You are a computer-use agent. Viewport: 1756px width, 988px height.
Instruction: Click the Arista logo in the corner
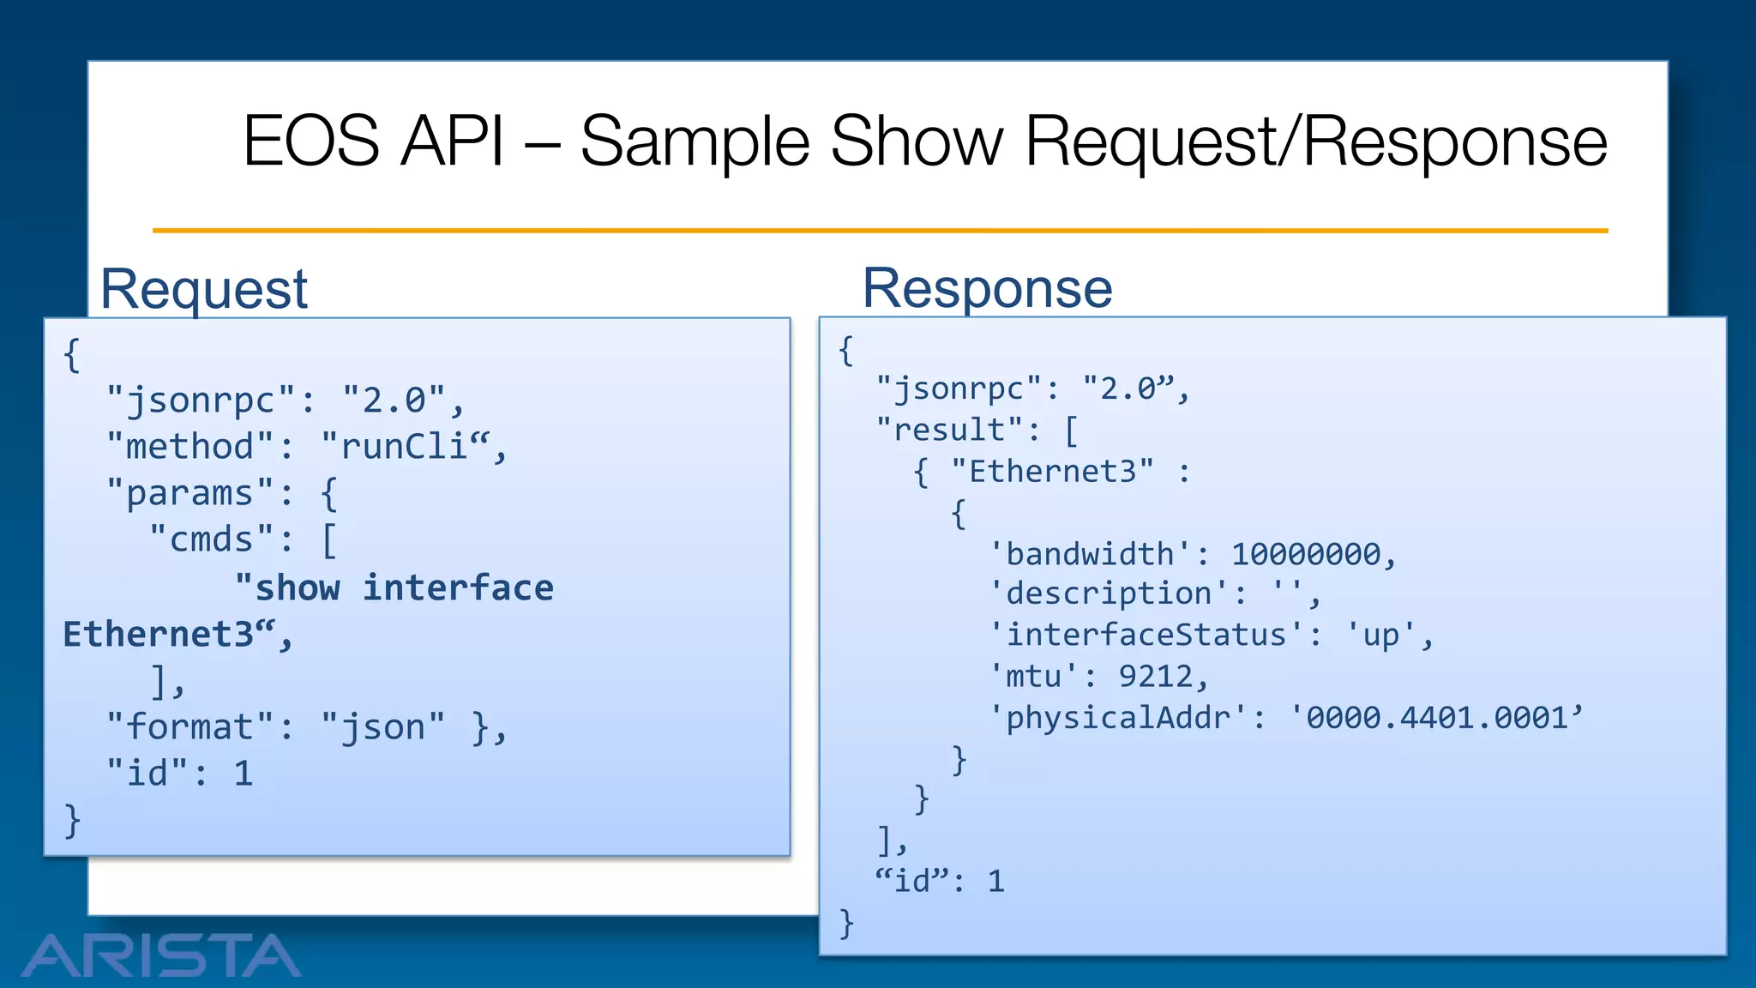pyautogui.click(x=161, y=955)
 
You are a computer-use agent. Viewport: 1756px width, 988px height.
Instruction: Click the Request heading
pyautogui.click(x=204, y=289)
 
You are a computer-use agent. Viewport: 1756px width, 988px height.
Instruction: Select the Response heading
pyautogui.click(x=987, y=288)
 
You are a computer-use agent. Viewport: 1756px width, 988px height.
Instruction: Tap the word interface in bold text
pyautogui.click(x=458, y=588)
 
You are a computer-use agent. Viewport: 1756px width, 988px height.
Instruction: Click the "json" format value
pyautogui.click(x=383, y=727)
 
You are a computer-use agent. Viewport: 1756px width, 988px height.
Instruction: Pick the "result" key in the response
pyautogui.click(x=949, y=430)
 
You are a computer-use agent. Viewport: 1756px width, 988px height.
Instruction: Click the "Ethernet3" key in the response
pyautogui.click(x=1052, y=471)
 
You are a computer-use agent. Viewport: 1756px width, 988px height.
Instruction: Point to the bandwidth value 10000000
pyautogui.click(x=1306, y=554)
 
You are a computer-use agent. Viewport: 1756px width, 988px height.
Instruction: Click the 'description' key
pyautogui.click(x=1110, y=593)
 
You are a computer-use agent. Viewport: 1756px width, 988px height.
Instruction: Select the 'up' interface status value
pyautogui.click(x=1380, y=636)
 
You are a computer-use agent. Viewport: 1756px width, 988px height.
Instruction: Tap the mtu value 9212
pyautogui.click(x=1156, y=677)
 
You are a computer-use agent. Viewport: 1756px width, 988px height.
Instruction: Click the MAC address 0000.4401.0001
pyautogui.click(x=1436, y=718)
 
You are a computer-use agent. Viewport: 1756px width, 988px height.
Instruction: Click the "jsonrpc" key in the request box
pyautogui.click(x=201, y=401)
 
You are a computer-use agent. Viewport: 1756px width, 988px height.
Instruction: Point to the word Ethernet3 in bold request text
pyautogui.click(x=159, y=635)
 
